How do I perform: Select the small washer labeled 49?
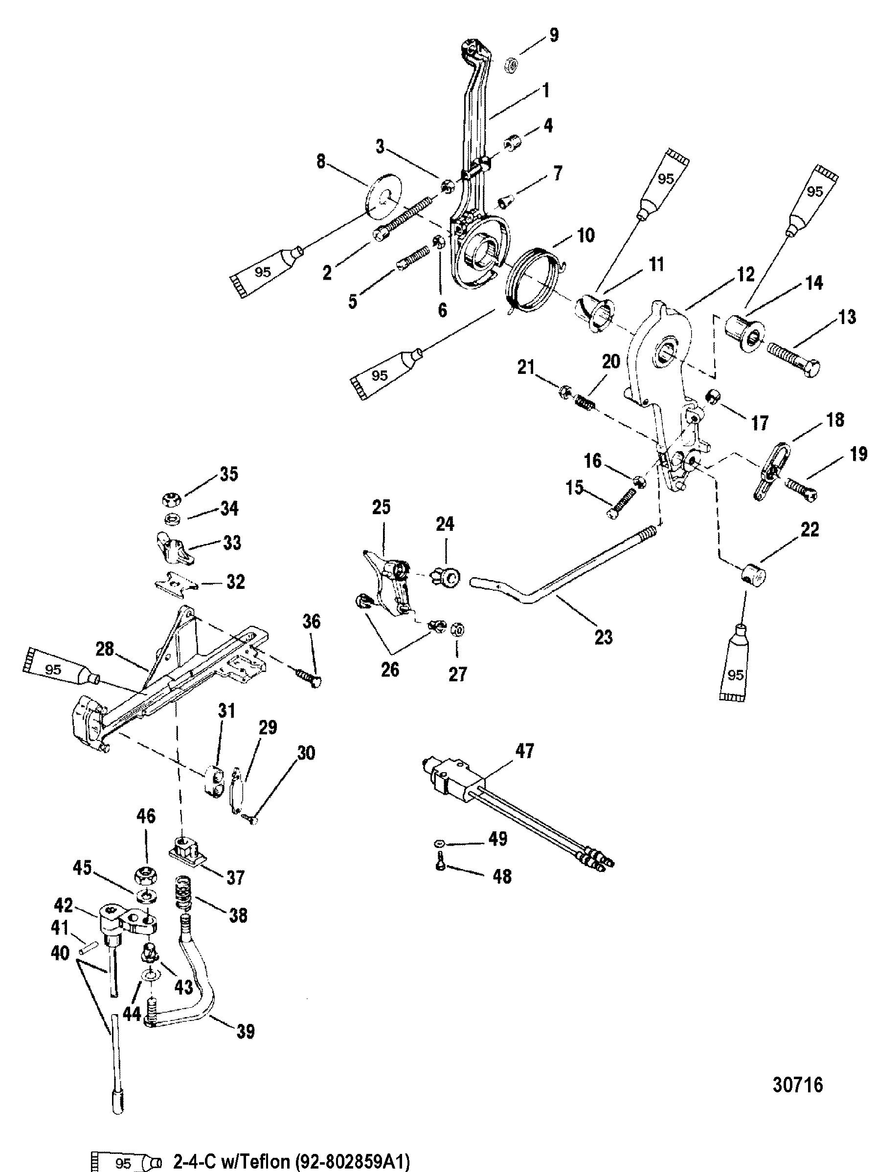point(440,844)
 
